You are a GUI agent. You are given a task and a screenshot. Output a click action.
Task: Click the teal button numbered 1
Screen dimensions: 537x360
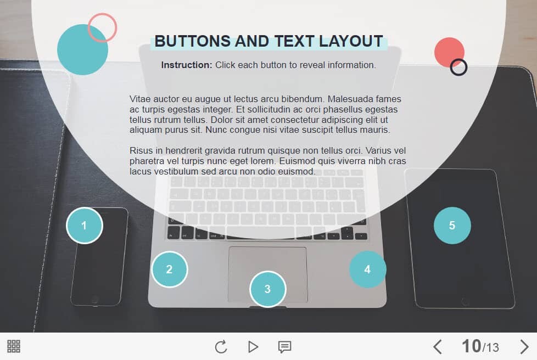84,226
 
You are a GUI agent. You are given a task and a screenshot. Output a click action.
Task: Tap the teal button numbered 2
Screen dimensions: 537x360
170,269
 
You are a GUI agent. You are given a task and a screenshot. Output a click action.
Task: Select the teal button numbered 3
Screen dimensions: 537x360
267,289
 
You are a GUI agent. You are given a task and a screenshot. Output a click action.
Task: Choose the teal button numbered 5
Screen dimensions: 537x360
452,226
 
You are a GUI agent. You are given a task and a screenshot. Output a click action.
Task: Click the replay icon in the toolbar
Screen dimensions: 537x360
221,347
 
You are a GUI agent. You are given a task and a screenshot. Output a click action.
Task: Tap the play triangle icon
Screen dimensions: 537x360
253,347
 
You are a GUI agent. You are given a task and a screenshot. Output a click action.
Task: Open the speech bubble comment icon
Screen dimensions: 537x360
284,347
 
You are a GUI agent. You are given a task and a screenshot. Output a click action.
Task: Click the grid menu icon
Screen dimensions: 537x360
14,346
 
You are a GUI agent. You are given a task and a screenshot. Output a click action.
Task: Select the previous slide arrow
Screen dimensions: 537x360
437,347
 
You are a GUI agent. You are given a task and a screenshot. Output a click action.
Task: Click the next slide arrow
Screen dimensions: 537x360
524,347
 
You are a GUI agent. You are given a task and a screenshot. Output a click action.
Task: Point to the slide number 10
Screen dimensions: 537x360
471,346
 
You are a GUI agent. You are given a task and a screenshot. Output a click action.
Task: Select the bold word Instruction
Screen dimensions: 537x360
187,65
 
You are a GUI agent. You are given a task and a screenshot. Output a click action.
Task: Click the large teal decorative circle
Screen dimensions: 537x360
82,49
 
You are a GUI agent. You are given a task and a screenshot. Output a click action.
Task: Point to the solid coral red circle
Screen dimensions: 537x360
449,52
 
